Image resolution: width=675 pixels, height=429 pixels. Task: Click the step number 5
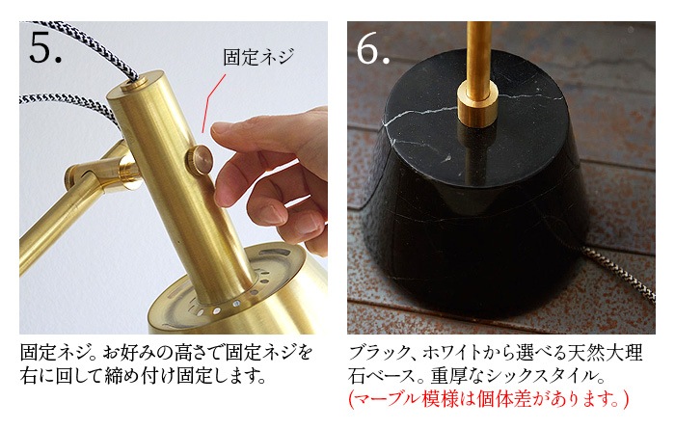(x=44, y=47)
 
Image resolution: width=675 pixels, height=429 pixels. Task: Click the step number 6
(x=373, y=48)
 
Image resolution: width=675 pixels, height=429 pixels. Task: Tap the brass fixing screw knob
(x=200, y=160)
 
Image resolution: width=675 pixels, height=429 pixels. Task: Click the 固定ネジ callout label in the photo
(x=258, y=57)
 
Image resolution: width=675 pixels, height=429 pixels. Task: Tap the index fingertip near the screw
(x=221, y=128)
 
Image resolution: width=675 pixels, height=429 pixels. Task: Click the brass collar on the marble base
(x=477, y=104)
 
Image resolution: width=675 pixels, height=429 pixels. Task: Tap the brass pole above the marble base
(x=479, y=52)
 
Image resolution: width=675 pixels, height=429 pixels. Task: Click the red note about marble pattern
(x=488, y=399)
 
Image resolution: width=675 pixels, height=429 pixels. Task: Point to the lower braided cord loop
(x=68, y=101)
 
